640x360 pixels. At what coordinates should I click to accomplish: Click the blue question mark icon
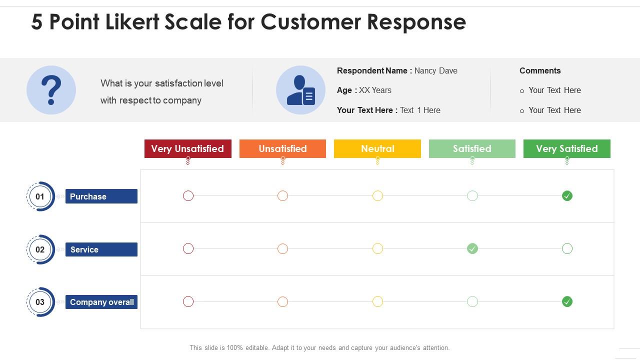(x=51, y=90)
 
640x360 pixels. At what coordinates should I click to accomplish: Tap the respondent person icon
(x=300, y=90)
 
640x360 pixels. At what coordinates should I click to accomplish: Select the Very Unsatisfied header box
(x=187, y=148)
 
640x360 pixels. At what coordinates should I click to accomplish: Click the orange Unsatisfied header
(x=282, y=148)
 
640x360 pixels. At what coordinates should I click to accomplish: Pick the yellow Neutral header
(x=377, y=148)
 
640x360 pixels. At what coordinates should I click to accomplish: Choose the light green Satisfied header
(x=472, y=148)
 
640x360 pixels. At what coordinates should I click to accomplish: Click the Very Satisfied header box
(x=566, y=148)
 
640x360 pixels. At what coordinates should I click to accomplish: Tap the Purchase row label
(x=101, y=196)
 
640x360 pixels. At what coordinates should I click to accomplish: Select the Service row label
(x=101, y=249)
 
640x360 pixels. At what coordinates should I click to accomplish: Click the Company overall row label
(x=101, y=302)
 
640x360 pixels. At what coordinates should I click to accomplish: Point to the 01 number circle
(x=40, y=196)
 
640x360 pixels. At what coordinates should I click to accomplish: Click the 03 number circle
(x=40, y=302)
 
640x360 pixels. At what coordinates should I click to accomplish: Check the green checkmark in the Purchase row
(x=567, y=196)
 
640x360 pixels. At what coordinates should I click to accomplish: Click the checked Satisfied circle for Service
(x=472, y=248)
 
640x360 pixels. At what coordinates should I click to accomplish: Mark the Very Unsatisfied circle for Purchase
(x=188, y=196)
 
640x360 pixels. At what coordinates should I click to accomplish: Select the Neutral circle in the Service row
(x=377, y=248)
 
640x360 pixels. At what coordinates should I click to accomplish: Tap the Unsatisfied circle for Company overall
(x=282, y=301)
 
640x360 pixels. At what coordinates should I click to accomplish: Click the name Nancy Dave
(x=435, y=70)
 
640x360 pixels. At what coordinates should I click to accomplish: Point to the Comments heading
(x=540, y=70)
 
